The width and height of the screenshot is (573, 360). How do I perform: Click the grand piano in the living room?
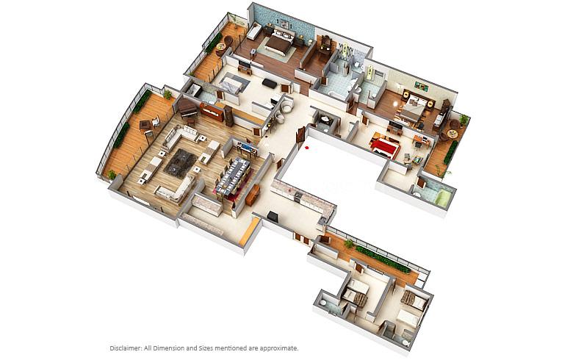187,107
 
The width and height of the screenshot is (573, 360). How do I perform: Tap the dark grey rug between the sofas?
181,163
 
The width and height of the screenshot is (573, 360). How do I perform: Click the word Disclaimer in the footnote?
126,348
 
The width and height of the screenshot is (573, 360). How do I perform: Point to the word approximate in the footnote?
279,348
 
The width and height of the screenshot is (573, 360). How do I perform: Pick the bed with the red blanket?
385,145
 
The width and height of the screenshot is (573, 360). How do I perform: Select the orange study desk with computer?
422,141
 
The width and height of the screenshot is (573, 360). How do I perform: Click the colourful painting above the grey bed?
422,87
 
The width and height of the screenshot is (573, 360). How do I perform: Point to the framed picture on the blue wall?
284,24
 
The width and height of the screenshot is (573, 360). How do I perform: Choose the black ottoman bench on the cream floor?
270,83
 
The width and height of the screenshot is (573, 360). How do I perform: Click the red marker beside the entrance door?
306,148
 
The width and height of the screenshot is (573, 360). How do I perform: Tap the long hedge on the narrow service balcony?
383,260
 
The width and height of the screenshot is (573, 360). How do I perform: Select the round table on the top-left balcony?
221,47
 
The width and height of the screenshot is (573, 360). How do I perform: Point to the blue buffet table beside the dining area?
248,149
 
